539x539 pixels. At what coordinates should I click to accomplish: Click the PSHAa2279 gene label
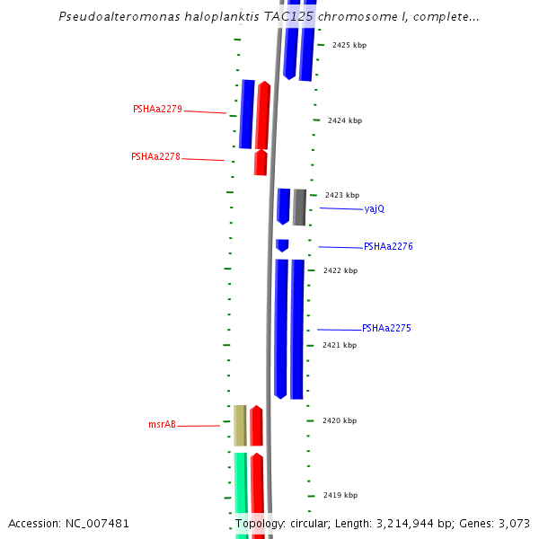click(157, 110)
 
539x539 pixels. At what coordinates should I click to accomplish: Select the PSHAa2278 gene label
click(155, 156)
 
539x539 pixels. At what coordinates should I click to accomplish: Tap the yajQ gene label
click(375, 208)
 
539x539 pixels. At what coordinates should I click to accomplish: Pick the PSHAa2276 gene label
click(388, 246)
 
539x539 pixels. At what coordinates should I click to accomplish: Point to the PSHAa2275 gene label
click(386, 328)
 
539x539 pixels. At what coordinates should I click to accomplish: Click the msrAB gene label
click(162, 424)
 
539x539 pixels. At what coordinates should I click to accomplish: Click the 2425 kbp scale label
click(349, 45)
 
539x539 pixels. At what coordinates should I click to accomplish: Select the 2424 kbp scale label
click(345, 120)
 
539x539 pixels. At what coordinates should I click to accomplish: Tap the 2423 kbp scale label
click(342, 195)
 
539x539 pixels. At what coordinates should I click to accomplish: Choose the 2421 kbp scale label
click(340, 345)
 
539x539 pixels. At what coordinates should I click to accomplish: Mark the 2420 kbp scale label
click(340, 420)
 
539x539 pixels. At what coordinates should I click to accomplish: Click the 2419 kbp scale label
click(340, 495)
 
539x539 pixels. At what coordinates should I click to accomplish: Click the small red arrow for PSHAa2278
click(261, 163)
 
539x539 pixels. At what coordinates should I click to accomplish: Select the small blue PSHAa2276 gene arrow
click(282, 245)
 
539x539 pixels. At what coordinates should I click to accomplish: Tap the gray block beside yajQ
click(299, 208)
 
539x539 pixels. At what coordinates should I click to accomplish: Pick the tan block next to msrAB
click(240, 425)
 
